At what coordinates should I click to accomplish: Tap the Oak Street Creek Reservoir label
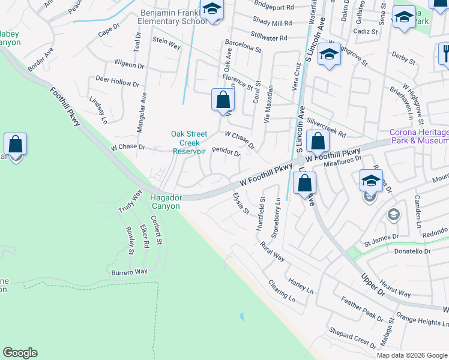(x=189, y=143)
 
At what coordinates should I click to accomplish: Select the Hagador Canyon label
(x=166, y=201)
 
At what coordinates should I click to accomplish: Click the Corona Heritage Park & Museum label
(x=419, y=136)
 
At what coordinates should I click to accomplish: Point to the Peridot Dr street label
(x=226, y=154)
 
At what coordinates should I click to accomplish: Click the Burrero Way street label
(x=129, y=272)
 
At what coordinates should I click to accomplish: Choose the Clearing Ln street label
(x=282, y=290)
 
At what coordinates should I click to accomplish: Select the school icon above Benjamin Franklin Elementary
(x=212, y=9)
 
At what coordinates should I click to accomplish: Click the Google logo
(x=20, y=353)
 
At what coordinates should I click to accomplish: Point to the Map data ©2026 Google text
(x=412, y=355)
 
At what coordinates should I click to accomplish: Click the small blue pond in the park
(x=242, y=316)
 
